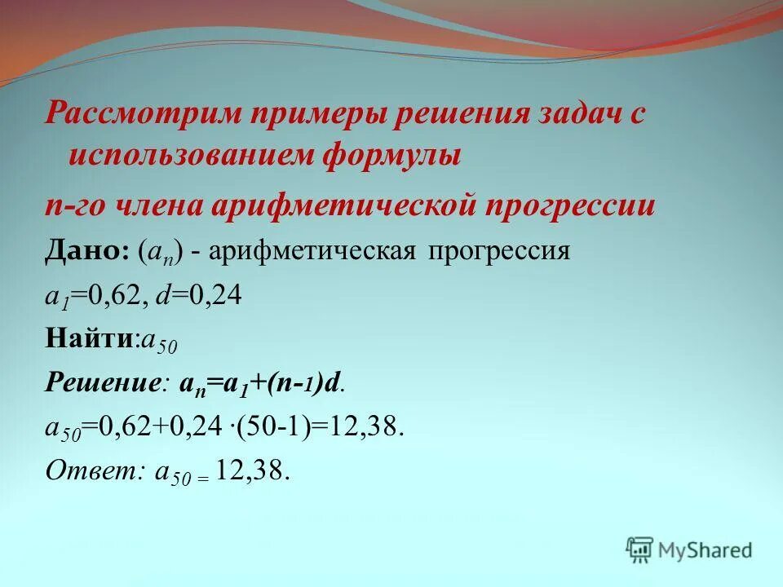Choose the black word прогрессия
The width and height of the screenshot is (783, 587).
point(498,250)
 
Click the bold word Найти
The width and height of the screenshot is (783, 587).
point(89,340)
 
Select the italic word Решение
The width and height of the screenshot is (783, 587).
point(101,384)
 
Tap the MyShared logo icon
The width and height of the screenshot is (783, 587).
point(640,549)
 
